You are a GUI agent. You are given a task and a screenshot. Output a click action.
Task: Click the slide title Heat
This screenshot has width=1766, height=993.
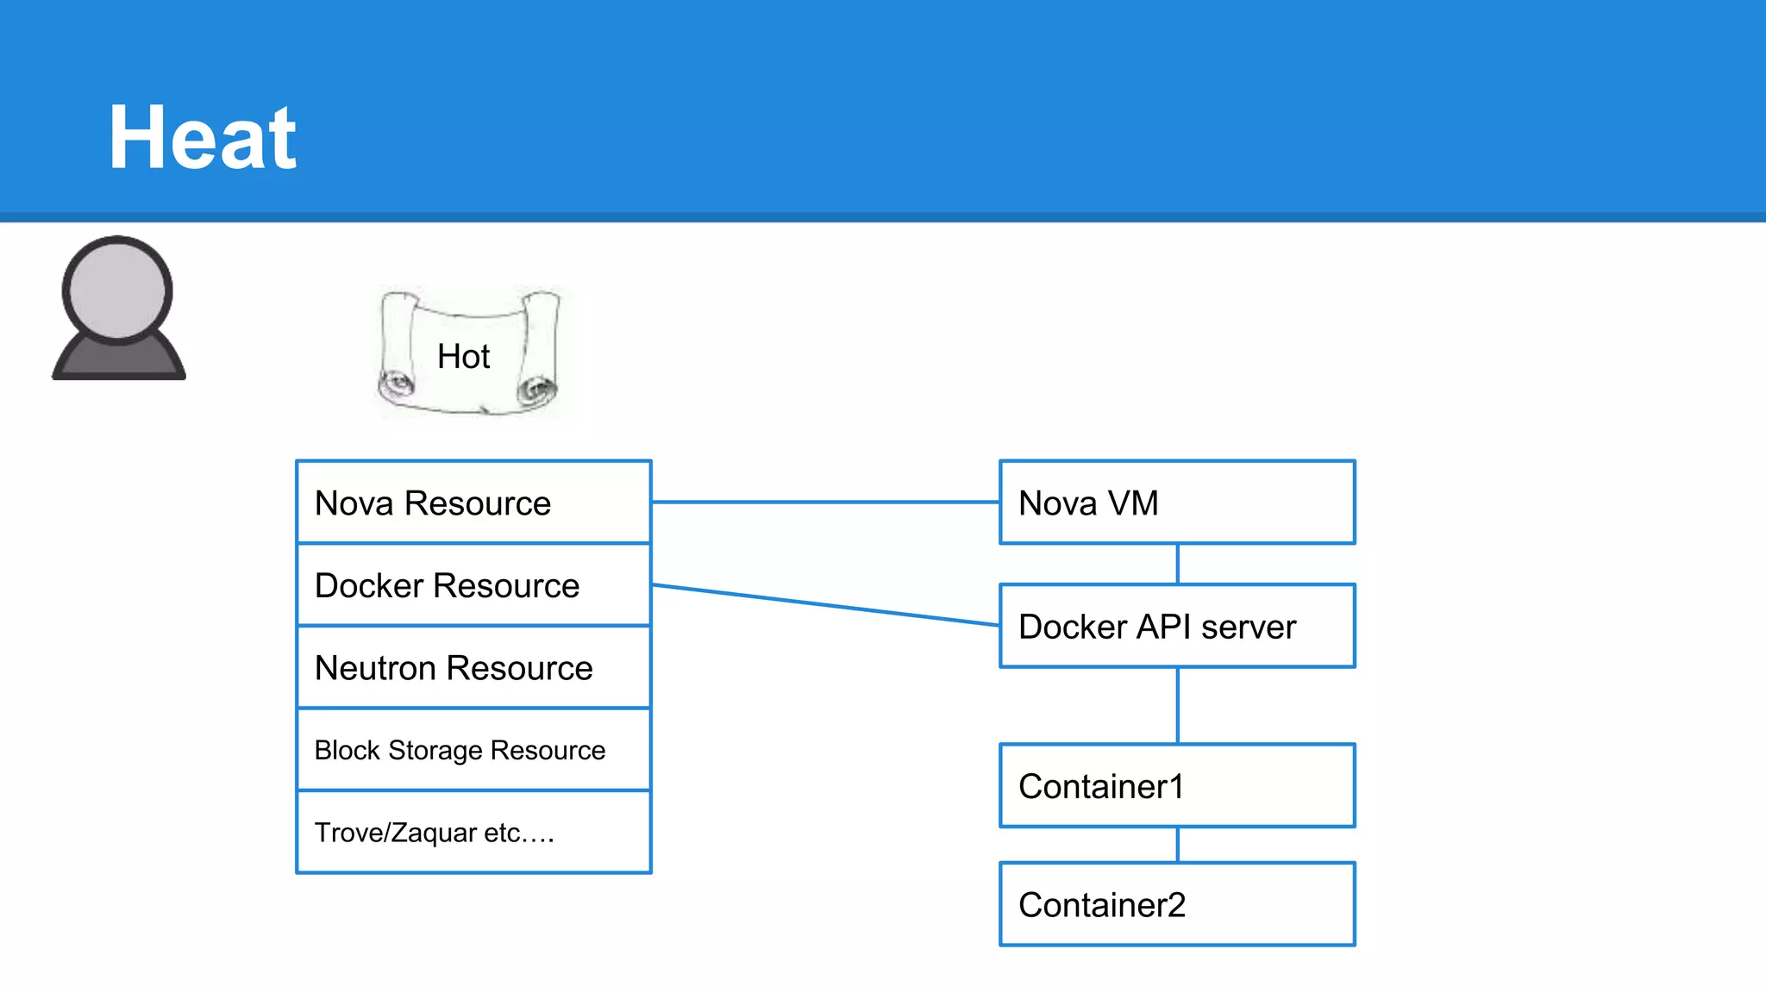203,138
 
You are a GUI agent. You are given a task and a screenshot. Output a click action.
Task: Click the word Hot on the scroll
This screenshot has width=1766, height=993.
463,356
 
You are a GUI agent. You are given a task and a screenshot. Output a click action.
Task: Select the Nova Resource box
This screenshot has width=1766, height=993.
473,503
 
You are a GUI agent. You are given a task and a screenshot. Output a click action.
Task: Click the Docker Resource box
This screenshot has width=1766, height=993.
473,585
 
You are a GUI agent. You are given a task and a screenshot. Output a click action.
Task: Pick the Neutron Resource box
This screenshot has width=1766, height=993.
473,668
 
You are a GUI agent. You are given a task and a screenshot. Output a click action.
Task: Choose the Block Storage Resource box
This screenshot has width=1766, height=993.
473,750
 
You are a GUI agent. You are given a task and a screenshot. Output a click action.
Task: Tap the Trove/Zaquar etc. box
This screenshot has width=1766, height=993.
473,833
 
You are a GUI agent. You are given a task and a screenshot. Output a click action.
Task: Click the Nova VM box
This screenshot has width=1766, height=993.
1177,503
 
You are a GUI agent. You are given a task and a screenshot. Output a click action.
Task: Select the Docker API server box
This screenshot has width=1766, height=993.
1177,627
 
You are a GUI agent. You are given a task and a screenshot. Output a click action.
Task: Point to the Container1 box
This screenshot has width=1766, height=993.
1177,786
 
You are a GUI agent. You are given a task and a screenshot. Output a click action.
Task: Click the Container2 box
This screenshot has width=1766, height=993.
1177,904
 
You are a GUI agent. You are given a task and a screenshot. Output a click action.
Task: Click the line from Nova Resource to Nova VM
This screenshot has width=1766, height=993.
825,502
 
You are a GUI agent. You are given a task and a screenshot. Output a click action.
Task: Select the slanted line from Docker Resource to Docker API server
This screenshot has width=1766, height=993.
825,605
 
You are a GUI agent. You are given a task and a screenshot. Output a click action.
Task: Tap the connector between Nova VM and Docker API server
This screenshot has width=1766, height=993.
1178,565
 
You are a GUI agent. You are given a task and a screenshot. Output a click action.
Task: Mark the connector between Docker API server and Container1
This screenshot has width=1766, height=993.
1178,706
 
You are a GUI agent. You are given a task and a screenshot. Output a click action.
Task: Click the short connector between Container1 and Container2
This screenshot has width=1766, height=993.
1178,845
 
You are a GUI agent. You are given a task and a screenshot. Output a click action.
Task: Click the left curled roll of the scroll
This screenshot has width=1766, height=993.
396,353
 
